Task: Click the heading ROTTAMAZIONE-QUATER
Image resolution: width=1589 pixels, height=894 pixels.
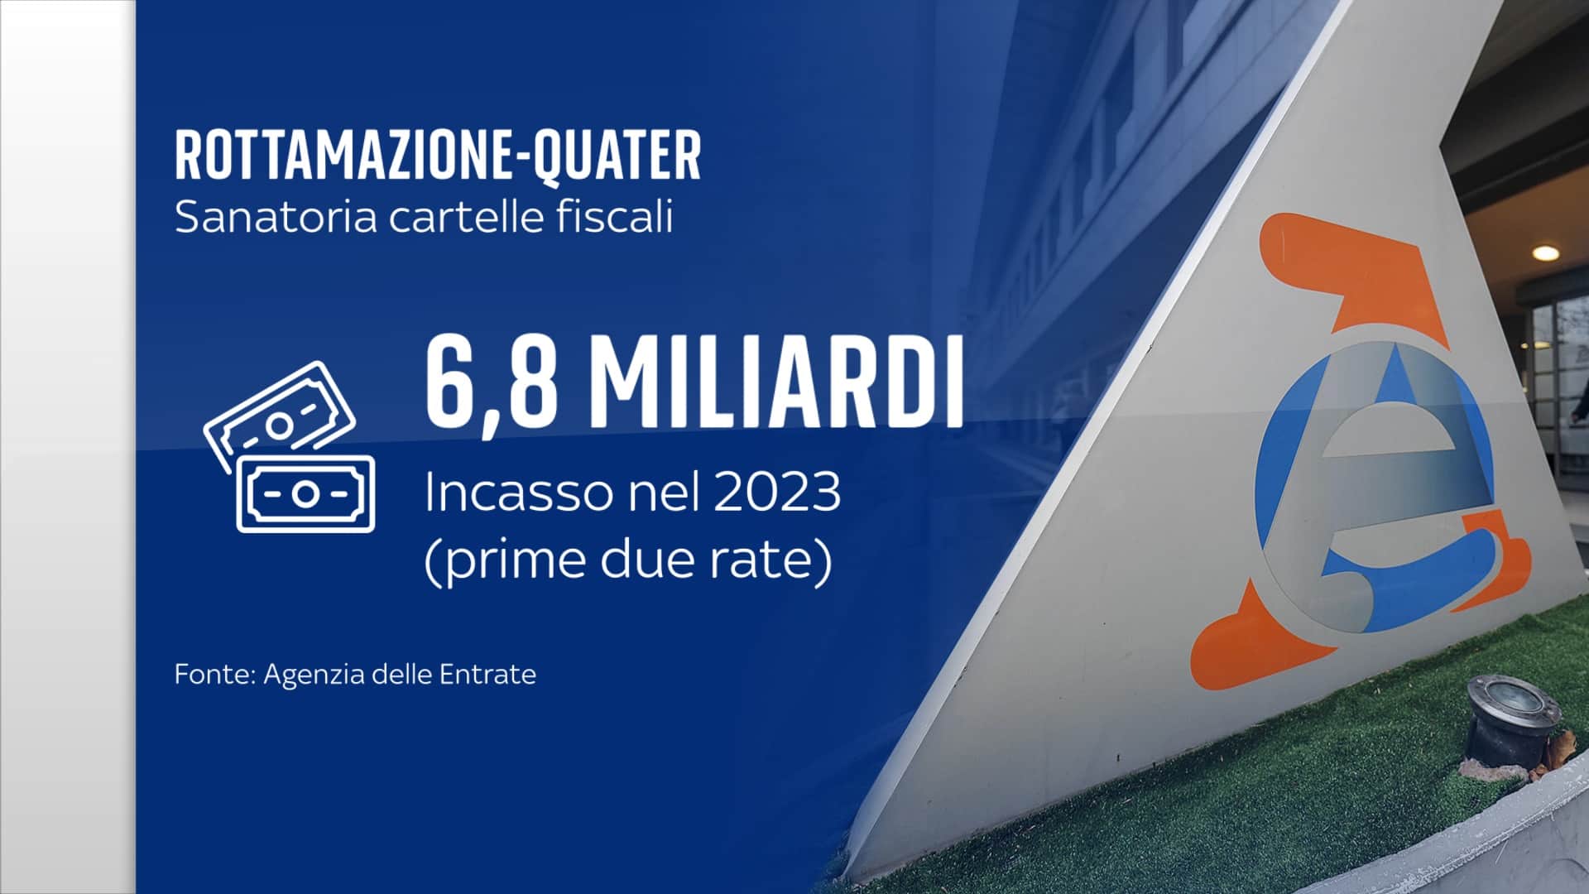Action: [438, 156]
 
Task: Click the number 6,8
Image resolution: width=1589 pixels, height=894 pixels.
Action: [486, 382]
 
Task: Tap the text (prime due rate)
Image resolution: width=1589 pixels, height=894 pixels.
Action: [628, 563]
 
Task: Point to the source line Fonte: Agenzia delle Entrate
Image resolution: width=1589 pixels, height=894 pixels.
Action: [355, 675]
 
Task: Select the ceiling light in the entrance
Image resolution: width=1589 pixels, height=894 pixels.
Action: [1544, 252]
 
